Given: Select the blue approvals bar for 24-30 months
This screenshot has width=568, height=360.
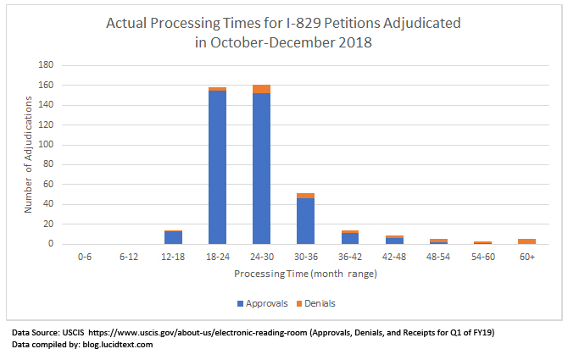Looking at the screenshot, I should click(x=261, y=169).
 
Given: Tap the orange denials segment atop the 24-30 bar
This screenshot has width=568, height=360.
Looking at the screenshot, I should click(x=261, y=89).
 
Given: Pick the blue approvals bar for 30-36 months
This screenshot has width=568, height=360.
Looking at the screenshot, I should click(x=305, y=221).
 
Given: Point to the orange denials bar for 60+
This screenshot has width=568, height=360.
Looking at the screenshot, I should click(x=526, y=241).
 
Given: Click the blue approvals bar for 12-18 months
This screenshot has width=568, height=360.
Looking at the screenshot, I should click(x=173, y=238).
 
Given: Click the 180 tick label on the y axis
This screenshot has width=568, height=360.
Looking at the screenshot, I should click(x=46, y=65).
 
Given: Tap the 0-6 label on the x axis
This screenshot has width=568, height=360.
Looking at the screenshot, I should click(x=85, y=254).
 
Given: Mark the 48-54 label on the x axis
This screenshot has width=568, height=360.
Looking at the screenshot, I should click(x=438, y=254).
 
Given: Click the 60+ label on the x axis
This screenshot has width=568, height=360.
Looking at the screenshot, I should click(x=526, y=254).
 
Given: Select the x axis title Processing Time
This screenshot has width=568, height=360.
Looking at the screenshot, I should click(x=305, y=274).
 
